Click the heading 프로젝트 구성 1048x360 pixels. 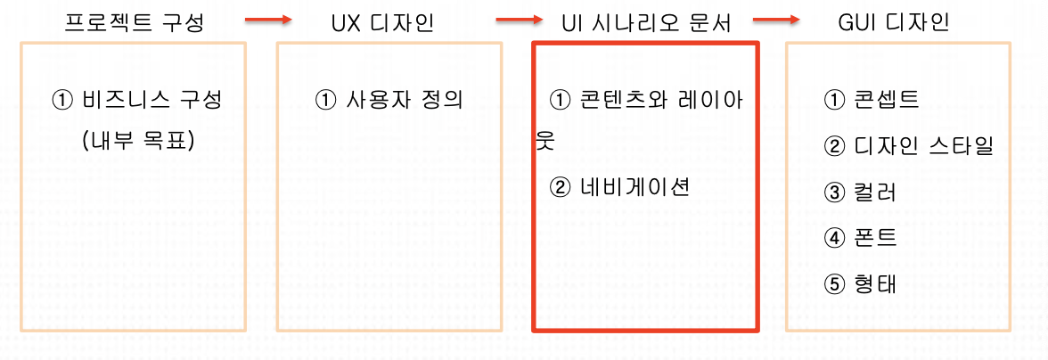pos(135,22)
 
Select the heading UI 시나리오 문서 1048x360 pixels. pos(646,22)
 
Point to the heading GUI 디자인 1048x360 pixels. pos(893,22)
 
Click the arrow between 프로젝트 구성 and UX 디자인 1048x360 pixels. pos(267,18)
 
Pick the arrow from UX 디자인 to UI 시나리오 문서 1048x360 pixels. pos(520,18)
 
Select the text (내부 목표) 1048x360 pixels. pos(136,140)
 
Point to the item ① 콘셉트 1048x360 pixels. pos(872,99)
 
